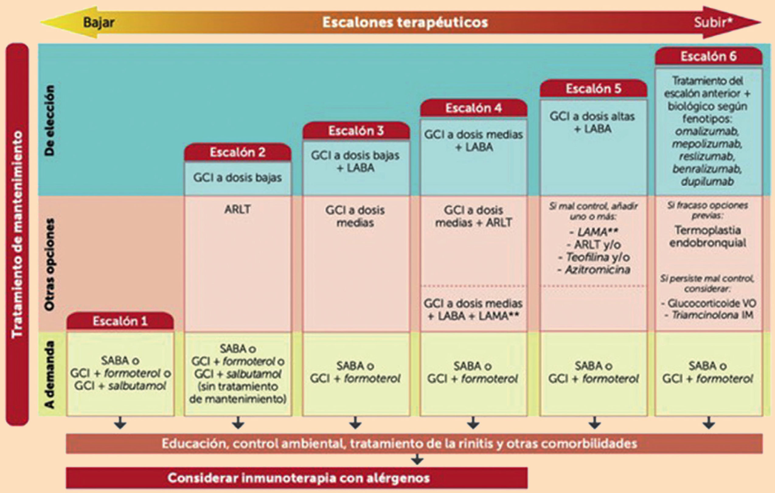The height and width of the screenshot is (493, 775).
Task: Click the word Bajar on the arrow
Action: click(x=99, y=23)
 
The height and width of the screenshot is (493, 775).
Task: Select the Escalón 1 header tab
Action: click(x=120, y=321)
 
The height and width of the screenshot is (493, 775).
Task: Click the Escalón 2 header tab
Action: click(x=238, y=152)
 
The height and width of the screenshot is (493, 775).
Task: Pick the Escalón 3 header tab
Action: click(x=356, y=131)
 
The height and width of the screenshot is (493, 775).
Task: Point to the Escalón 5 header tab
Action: click(x=593, y=89)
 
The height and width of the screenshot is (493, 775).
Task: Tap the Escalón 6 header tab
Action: click(x=708, y=57)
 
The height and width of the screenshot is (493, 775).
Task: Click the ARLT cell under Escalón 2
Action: click(x=238, y=210)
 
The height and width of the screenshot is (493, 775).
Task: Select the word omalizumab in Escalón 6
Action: click(x=707, y=132)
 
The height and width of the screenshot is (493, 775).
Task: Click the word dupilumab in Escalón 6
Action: click(x=707, y=182)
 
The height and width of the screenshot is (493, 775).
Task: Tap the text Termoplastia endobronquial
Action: click(x=707, y=236)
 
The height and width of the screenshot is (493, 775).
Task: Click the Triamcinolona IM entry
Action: click(x=712, y=315)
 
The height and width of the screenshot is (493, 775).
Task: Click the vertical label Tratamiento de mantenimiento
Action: click(x=17, y=234)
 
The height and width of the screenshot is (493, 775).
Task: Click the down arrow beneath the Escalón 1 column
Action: click(x=120, y=423)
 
